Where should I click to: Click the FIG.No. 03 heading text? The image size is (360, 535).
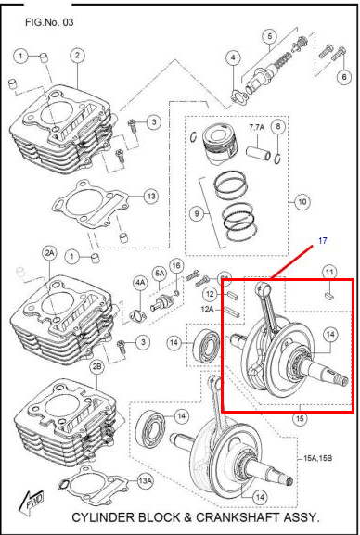(x=49, y=22)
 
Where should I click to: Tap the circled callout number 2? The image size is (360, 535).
(x=77, y=55)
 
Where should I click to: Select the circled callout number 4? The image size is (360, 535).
(x=233, y=58)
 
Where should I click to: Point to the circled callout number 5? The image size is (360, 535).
(x=270, y=36)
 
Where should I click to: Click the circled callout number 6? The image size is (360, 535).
(x=344, y=77)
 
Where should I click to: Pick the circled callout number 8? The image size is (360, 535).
(x=278, y=127)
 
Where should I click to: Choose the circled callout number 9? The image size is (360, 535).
(x=197, y=214)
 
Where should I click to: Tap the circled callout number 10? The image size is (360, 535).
(x=302, y=202)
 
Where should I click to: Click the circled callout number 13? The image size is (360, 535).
(x=151, y=197)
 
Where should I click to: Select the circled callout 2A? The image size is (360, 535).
(x=49, y=253)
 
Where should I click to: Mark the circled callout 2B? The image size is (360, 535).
(x=97, y=367)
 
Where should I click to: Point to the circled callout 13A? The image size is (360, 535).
(x=145, y=481)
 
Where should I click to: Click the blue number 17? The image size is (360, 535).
(x=323, y=241)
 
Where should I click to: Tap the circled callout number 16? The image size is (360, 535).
(x=176, y=266)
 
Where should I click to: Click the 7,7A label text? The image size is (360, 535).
(x=256, y=128)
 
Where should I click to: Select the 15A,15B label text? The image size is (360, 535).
(x=317, y=458)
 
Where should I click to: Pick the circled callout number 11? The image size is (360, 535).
(x=329, y=272)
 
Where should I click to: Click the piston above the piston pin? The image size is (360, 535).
(x=220, y=142)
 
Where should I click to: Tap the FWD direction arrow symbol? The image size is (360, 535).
(x=32, y=501)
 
